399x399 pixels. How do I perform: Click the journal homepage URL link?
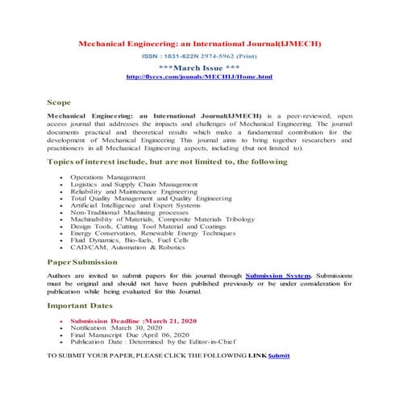[x=199, y=77]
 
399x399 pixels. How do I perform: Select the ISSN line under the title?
[x=199, y=58]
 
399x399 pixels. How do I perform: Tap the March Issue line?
[x=199, y=68]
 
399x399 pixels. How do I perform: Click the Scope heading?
[x=59, y=103]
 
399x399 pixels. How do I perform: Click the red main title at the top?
[x=199, y=44]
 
